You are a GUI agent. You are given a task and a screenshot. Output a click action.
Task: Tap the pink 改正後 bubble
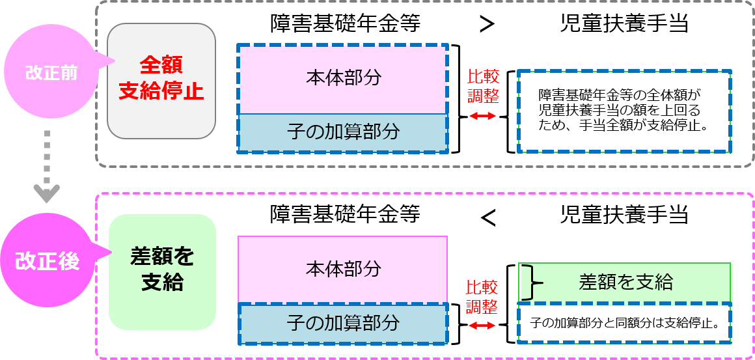[x=47, y=261]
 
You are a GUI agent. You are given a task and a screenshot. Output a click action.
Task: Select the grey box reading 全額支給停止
[x=161, y=81]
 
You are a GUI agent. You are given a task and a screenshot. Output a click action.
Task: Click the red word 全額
[x=161, y=65]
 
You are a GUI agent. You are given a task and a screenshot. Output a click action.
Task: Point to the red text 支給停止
[x=161, y=91]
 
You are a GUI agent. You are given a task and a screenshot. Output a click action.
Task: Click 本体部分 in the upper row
[x=343, y=78]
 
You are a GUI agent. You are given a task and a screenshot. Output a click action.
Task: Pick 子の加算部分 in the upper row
[x=343, y=132]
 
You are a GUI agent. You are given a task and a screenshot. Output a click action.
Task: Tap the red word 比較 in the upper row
[x=483, y=76]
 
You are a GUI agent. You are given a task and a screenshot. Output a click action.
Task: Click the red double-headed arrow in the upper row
[x=483, y=116]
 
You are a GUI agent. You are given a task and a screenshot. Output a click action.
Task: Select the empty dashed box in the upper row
[x=624, y=111]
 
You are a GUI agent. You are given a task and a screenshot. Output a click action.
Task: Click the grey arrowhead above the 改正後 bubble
[x=47, y=193]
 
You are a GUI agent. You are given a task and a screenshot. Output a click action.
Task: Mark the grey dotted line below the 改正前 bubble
[x=47, y=156]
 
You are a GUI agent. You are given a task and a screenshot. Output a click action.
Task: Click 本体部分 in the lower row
[x=343, y=268]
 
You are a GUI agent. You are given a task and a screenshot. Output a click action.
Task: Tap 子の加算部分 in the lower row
[x=343, y=323]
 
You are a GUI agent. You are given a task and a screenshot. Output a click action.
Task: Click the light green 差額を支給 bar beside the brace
[x=625, y=282]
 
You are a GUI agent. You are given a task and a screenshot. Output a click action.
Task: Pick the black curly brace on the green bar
[x=534, y=283]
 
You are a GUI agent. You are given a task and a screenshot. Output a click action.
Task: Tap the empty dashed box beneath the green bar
[x=624, y=323]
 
